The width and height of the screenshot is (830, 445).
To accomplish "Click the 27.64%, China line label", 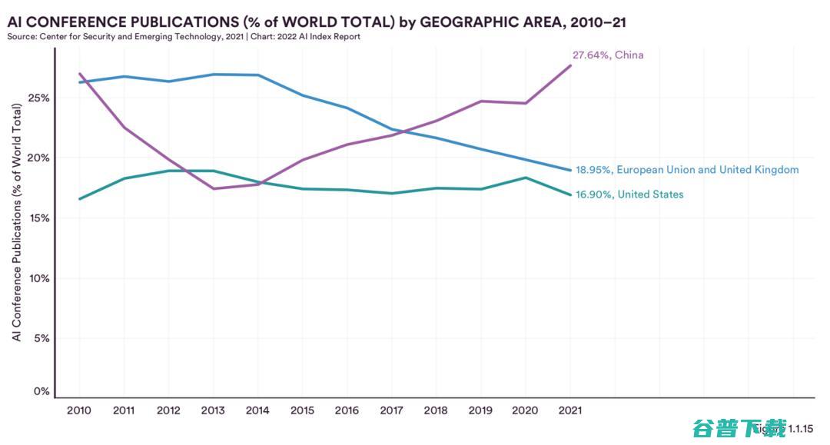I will [608, 55].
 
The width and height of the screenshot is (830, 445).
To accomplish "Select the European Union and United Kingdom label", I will [687, 170].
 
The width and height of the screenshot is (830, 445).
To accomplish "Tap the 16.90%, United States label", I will [629, 194].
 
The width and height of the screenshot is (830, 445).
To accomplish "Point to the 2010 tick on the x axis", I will [79, 410].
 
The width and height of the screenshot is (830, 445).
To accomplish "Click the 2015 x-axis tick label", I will [303, 410].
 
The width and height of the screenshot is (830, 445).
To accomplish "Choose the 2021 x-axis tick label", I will [569, 410].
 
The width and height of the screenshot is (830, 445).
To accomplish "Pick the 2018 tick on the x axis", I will [437, 410].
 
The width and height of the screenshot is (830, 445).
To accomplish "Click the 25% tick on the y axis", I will [40, 98].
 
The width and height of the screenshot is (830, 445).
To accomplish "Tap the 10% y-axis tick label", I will [40, 278].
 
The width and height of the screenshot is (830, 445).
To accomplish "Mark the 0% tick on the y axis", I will [42, 392].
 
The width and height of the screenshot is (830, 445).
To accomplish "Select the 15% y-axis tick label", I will [40, 218].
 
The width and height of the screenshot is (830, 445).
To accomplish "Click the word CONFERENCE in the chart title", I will [77, 22].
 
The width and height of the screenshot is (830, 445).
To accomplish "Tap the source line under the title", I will [184, 36].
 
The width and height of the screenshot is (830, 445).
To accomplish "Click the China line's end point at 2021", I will [570, 65].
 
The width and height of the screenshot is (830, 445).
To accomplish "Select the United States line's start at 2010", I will [80, 199].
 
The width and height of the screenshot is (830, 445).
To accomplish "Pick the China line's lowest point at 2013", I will [213, 188].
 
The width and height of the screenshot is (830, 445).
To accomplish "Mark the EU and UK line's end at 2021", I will [570, 170].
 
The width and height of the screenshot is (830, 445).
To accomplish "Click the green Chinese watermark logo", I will [739, 427].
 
